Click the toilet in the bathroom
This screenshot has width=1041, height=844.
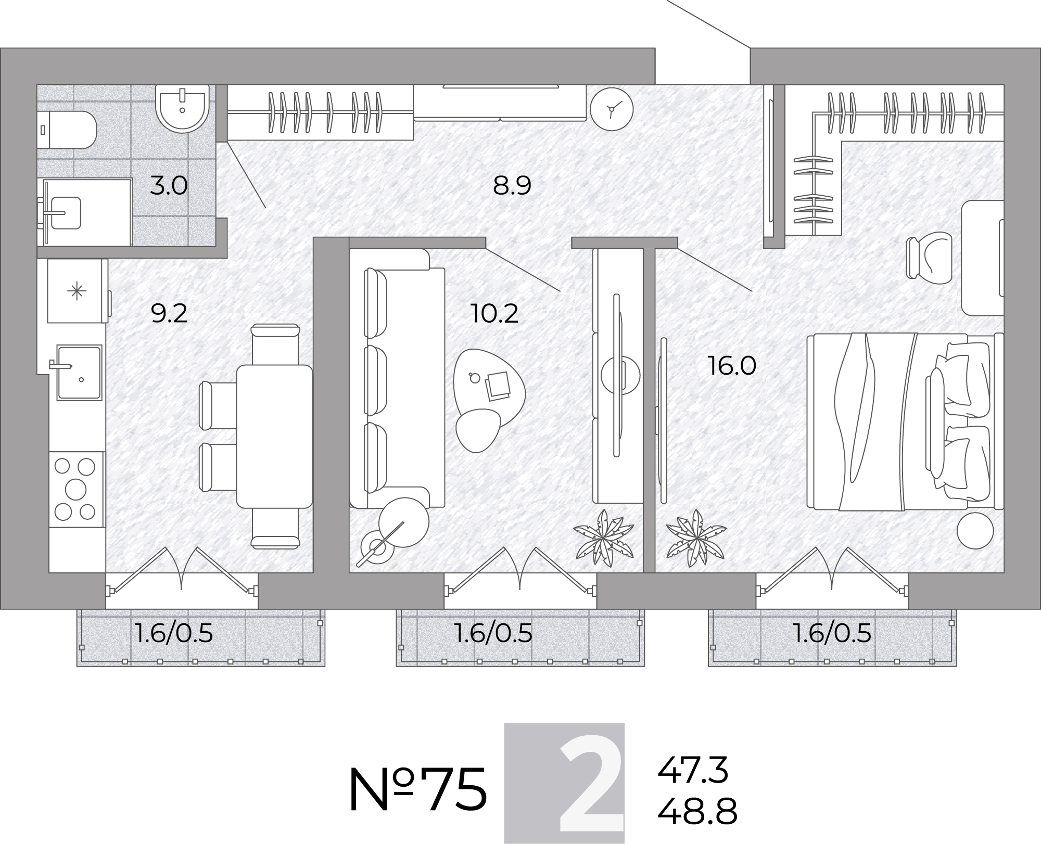(x=68, y=130)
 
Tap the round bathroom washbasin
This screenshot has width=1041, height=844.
(x=182, y=109)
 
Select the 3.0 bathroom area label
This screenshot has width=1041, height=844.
(x=168, y=186)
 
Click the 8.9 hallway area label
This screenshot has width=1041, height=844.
(x=512, y=186)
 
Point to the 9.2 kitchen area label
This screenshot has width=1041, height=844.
(x=169, y=314)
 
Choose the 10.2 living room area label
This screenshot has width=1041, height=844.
(x=494, y=314)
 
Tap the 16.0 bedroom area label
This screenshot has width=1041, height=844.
(x=732, y=366)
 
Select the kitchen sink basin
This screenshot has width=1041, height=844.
(x=79, y=373)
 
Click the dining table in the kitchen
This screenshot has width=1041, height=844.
(x=274, y=437)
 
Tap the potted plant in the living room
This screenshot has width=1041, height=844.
(x=604, y=538)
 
